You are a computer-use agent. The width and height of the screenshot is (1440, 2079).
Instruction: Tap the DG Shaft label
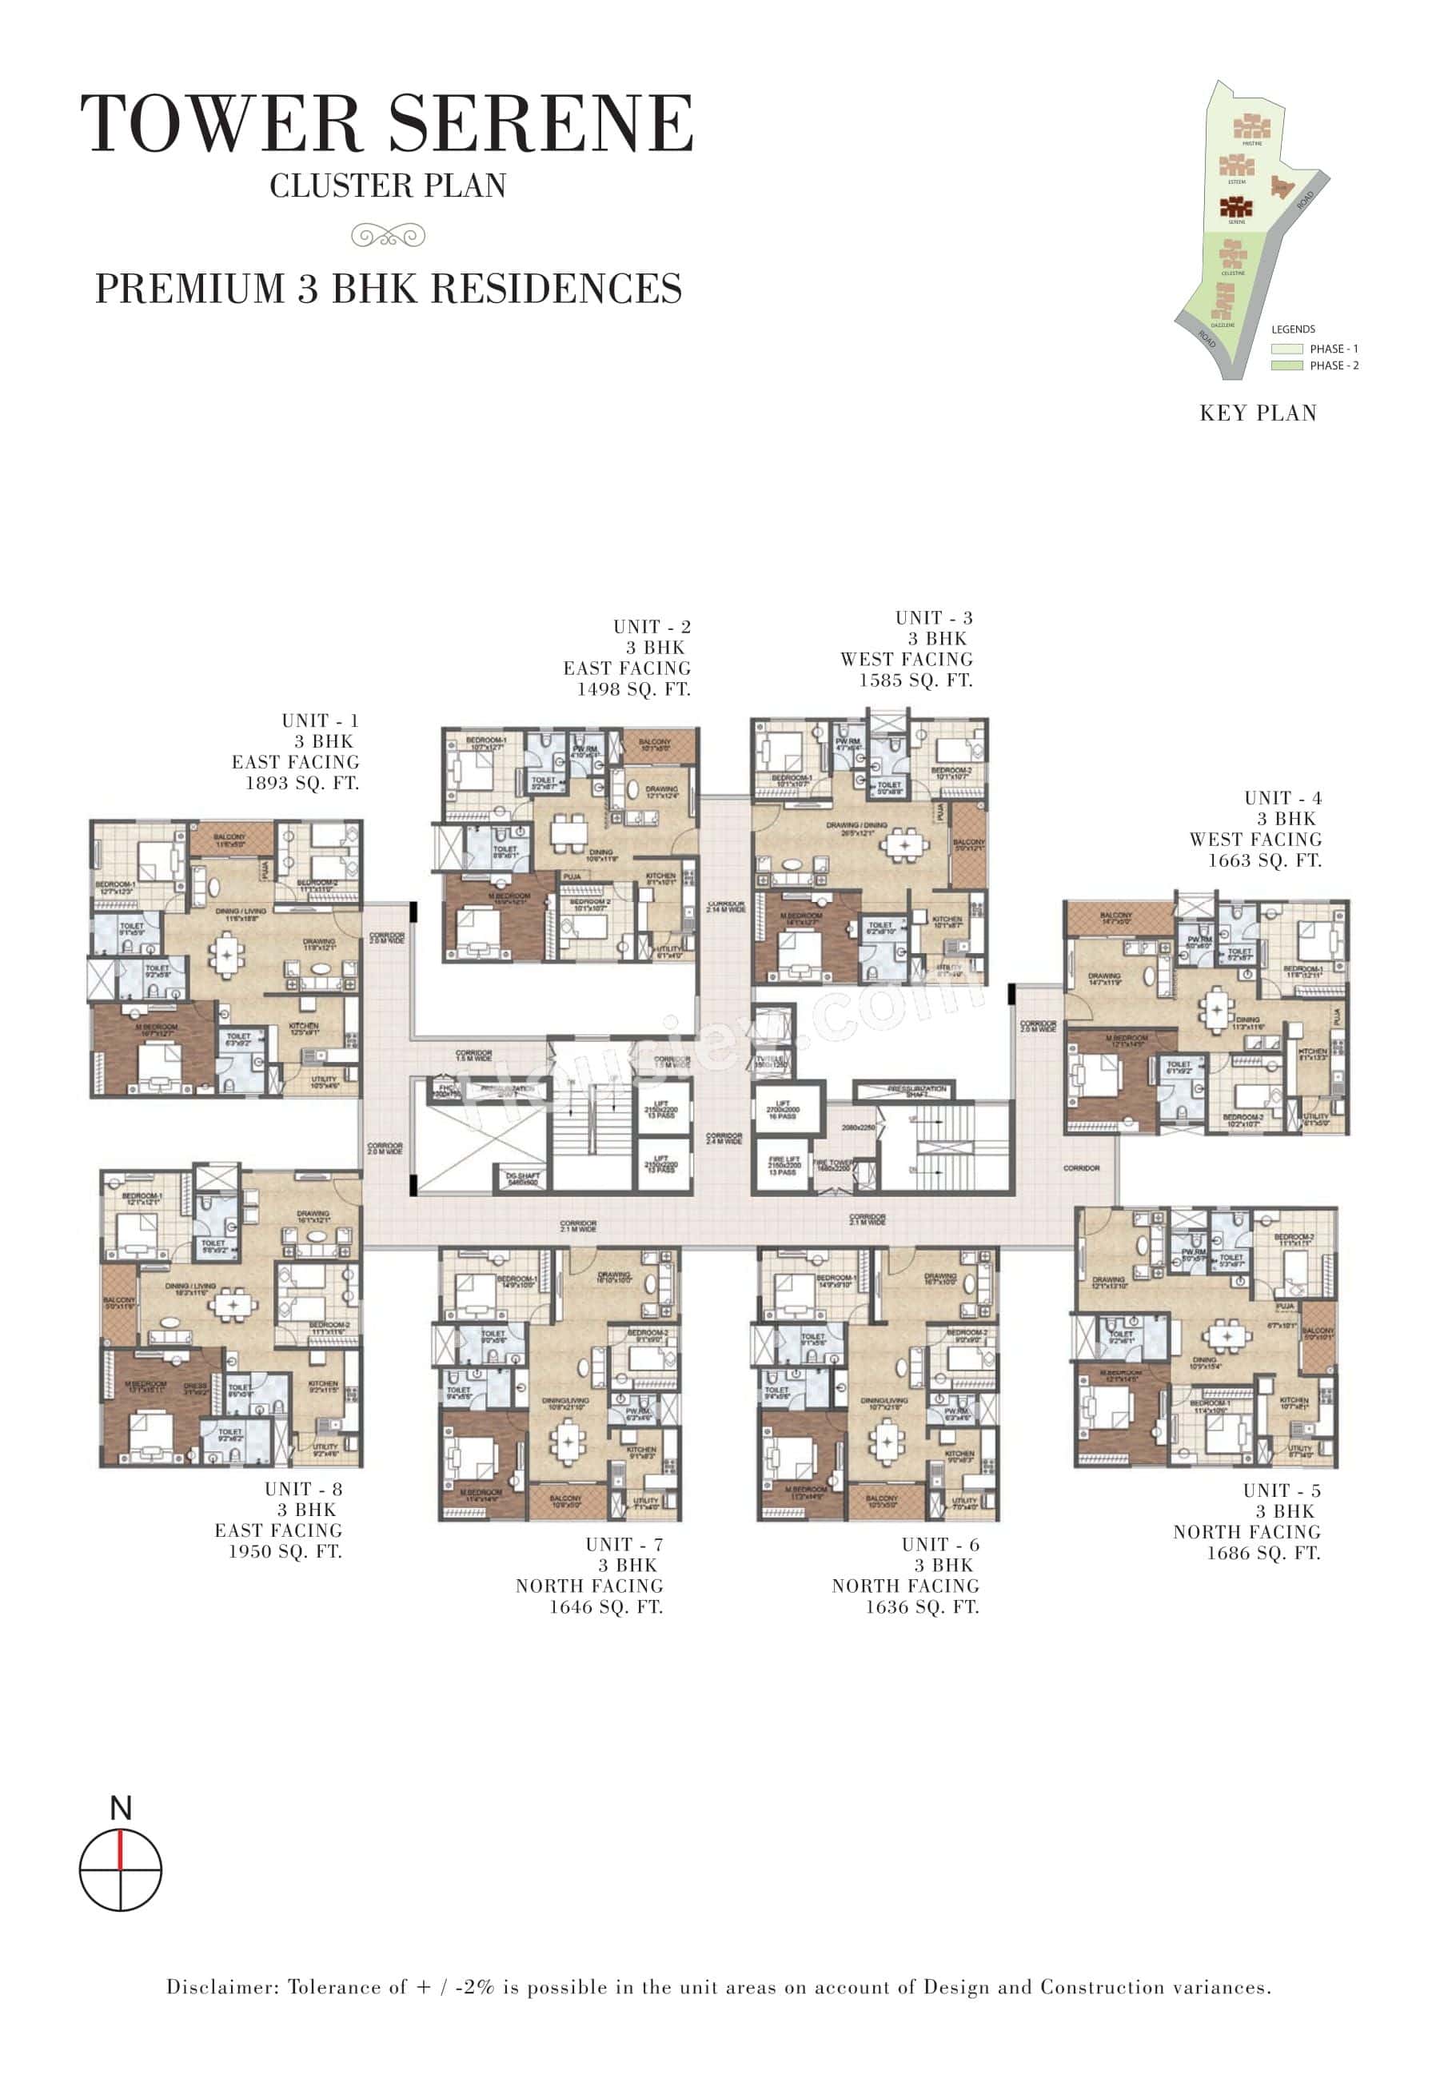(522, 1179)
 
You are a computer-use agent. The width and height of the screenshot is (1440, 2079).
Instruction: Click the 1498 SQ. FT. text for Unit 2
(633, 689)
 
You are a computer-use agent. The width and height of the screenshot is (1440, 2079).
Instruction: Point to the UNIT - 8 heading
(303, 1489)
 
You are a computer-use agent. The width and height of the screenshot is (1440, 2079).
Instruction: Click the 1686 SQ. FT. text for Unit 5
(1263, 1553)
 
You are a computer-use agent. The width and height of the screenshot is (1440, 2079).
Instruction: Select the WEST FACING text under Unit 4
(1255, 839)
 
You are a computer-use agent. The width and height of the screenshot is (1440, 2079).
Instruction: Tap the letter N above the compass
(120, 1808)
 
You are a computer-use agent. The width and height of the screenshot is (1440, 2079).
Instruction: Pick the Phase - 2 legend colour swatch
(1286, 365)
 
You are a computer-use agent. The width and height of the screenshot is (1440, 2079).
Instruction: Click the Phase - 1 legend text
(1334, 349)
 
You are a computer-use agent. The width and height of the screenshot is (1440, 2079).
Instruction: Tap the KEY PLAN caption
(1258, 413)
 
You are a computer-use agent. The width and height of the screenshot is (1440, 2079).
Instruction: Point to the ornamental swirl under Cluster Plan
(388, 237)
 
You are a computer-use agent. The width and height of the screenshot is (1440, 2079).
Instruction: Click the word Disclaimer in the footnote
(220, 1987)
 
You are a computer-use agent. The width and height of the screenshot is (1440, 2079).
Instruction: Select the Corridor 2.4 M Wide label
(724, 1139)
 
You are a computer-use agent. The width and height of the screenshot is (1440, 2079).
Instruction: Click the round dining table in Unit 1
(225, 954)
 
